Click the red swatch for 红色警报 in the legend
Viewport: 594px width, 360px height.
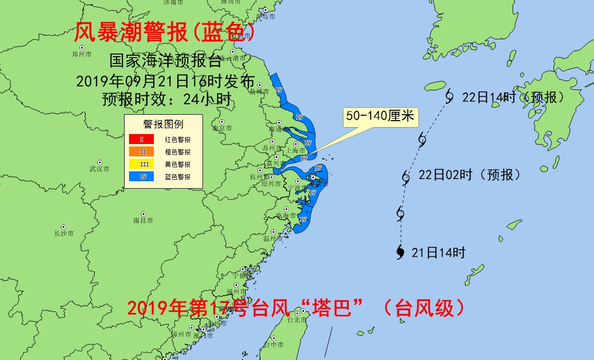coord(141,140)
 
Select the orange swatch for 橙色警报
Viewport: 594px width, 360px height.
coord(141,152)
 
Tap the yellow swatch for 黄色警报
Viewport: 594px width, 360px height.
coord(141,164)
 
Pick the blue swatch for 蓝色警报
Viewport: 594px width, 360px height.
coord(141,176)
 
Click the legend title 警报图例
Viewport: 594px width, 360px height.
coord(163,124)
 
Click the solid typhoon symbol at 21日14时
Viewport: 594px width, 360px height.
coord(400,252)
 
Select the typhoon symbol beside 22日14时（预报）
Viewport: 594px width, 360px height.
coord(449,95)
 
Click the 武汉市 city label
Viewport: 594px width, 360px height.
coord(99,169)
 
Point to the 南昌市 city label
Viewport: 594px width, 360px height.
coord(143,220)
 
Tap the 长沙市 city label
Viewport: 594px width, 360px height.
coord(64,233)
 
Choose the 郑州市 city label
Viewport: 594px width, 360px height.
coord(81,54)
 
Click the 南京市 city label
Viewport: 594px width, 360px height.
coord(222,128)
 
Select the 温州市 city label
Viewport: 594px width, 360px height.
coord(272,238)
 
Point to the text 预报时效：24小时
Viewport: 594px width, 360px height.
coord(166,99)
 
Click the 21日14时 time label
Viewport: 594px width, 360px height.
coord(438,253)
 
